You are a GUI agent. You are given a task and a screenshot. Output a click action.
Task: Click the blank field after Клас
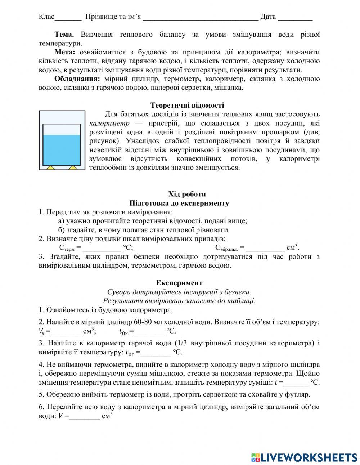[68, 17]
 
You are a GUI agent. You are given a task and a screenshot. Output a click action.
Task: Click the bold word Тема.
[64, 35]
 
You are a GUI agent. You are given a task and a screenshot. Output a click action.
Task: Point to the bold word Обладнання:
[77, 79]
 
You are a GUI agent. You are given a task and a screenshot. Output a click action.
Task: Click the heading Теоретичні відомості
[187, 105]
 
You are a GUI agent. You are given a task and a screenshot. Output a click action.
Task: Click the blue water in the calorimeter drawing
[62, 149]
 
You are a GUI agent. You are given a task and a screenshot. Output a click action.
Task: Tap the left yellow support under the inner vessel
[50, 167]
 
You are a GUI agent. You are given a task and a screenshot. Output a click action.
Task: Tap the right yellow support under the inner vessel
[73, 167]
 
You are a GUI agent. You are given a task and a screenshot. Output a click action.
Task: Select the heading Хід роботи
[187, 194]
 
